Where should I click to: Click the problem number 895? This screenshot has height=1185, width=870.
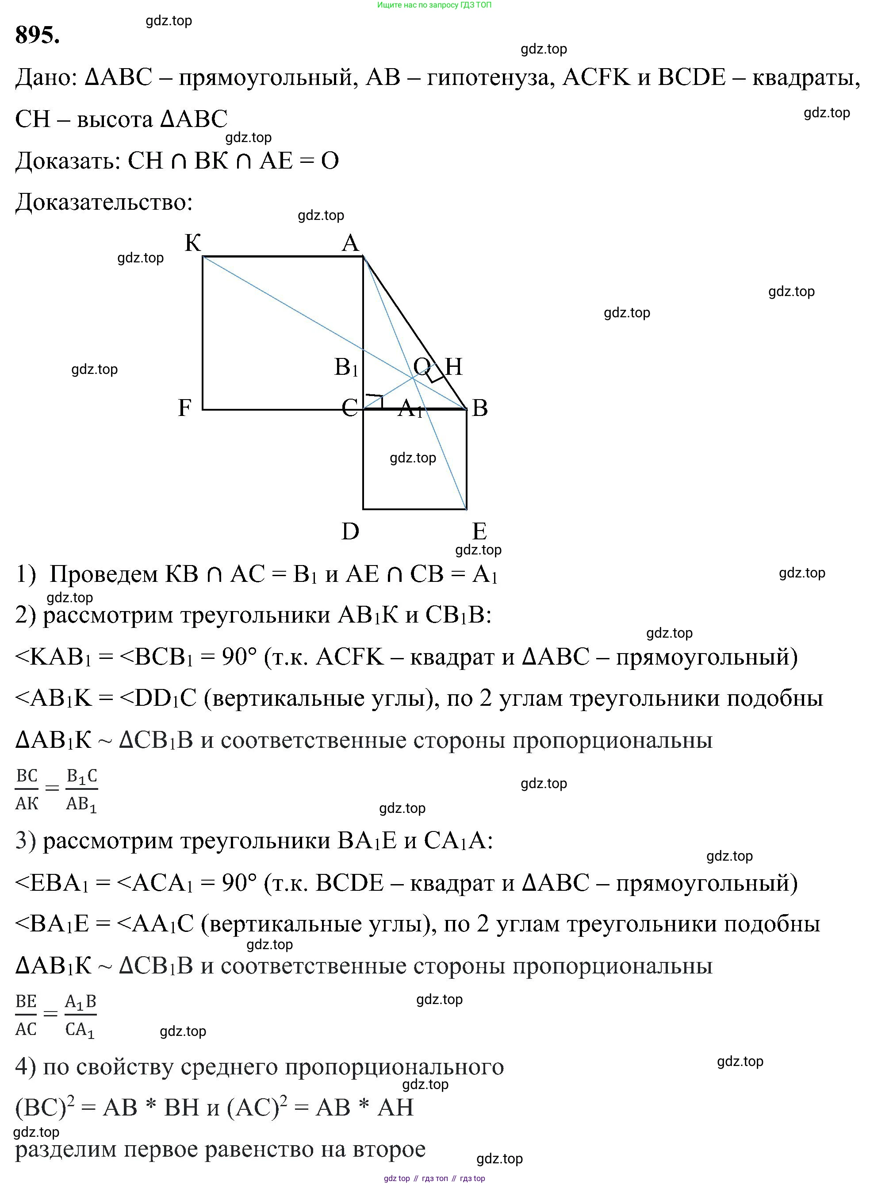[x=37, y=35]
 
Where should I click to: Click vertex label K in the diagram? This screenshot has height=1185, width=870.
[x=193, y=243]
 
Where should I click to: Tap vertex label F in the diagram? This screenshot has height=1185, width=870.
[x=184, y=408]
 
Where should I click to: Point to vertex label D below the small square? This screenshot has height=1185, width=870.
[x=350, y=531]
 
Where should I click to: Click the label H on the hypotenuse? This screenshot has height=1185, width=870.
[x=453, y=366]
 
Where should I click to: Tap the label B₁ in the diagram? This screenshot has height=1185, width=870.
[x=346, y=367]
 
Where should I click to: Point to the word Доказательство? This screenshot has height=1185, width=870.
[x=104, y=202]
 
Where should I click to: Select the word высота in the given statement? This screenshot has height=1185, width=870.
[x=114, y=119]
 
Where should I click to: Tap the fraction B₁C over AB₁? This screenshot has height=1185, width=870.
[x=82, y=789]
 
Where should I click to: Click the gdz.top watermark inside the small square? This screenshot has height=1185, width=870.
[x=413, y=458]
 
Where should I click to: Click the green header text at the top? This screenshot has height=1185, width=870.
[x=434, y=5]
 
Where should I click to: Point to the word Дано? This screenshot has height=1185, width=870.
[x=45, y=78]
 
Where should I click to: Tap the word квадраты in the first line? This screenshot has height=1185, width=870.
[x=805, y=78]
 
